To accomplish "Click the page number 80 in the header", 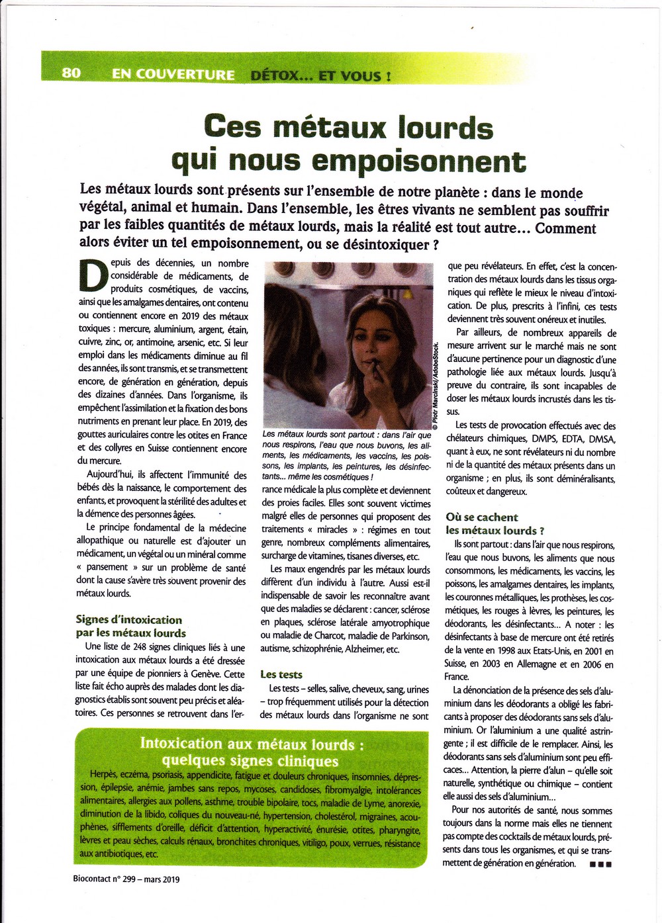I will tap(71, 73).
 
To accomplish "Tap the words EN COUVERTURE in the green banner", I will tap(173, 75).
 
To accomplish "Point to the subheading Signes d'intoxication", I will tap(129, 620).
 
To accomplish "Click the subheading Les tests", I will tap(281, 675).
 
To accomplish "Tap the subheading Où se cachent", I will tap(482, 517).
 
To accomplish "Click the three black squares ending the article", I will tap(600, 864).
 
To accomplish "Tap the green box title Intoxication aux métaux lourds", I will tap(252, 744).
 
